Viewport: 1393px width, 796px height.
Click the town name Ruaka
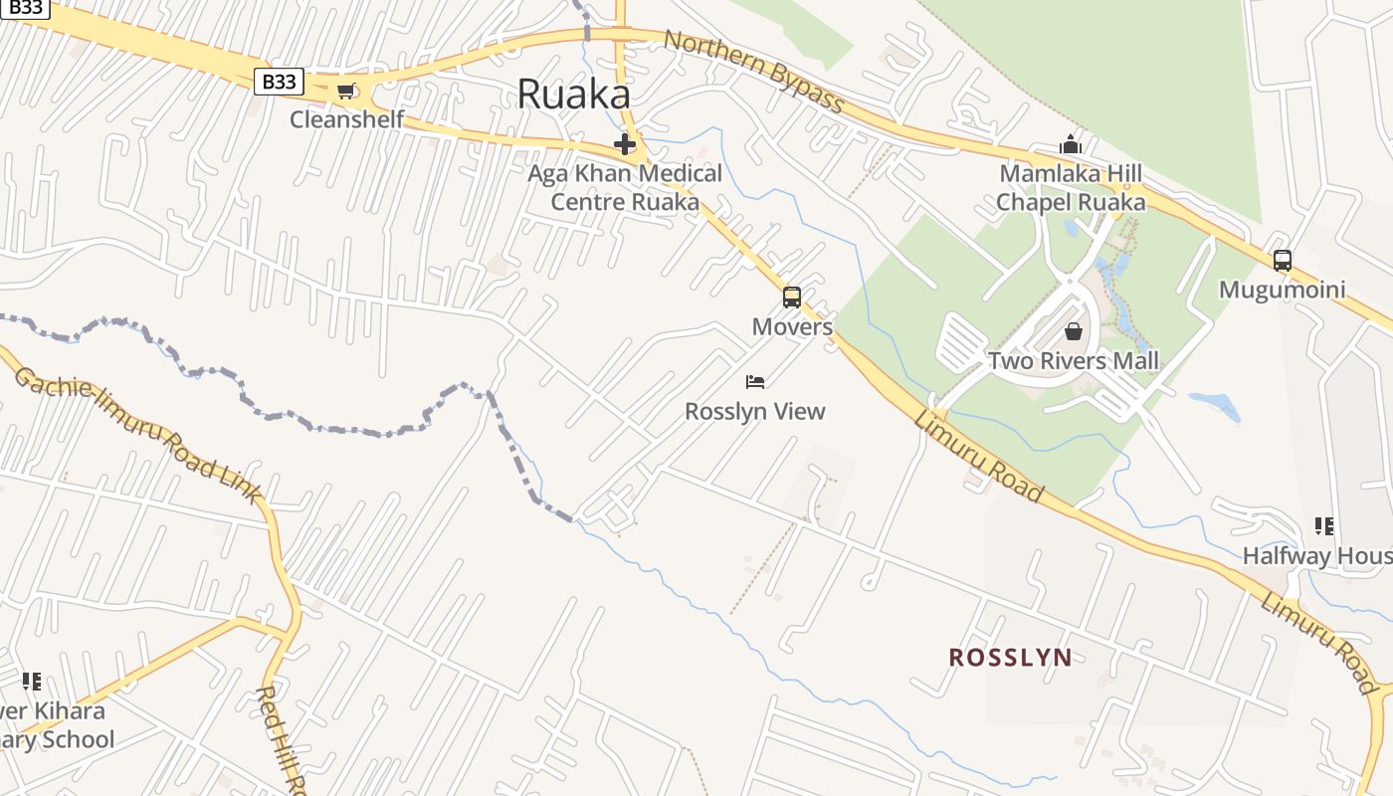(x=574, y=95)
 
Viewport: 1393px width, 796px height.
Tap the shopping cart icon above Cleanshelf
(x=345, y=92)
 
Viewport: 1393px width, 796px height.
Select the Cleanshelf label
(x=346, y=119)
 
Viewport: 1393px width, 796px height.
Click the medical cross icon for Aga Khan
(x=625, y=145)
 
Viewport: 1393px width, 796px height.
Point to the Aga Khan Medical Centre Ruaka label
(x=625, y=187)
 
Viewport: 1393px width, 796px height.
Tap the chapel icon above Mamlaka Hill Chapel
(x=1071, y=145)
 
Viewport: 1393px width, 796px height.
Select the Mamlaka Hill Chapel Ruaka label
(x=1071, y=188)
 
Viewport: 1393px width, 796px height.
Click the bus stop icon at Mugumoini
(x=1283, y=261)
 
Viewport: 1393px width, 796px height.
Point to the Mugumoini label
(x=1283, y=290)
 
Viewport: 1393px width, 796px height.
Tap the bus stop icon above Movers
(x=792, y=297)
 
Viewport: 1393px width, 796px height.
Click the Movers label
(x=792, y=326)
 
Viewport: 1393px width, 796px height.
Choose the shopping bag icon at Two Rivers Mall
(x=1073, y=331)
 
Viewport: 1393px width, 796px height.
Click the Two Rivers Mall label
(x=1073, y=360)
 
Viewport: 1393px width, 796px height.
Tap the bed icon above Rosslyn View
(x=755, y=382)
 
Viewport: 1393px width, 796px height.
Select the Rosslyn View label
(x=755, y=411)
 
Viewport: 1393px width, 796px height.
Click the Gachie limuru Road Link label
(x=139, y=435)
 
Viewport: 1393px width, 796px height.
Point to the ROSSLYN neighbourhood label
(x=1010, y=658)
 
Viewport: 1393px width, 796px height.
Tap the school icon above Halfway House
(x=1323, y=525)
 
